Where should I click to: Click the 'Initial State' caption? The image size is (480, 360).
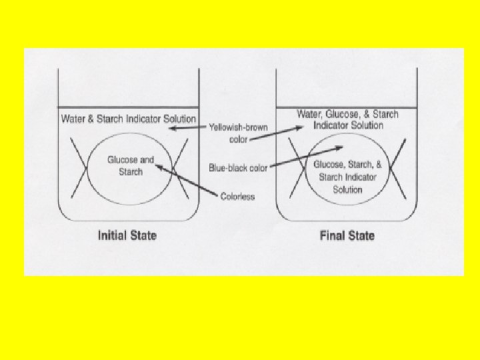[127, 235]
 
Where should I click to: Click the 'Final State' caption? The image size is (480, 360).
[347, 235]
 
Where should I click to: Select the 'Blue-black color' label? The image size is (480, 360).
[238, 168]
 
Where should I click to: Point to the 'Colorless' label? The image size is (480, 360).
[237, 197]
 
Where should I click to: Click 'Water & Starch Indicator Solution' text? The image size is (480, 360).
[129, 119]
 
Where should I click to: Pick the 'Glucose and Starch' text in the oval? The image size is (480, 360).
[131, 166]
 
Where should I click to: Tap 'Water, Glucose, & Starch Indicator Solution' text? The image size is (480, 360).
[347, 119]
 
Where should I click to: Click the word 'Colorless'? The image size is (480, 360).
[237, 197]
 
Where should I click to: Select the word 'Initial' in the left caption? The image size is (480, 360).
[113, 235]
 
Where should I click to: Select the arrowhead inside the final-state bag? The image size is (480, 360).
[341, 148]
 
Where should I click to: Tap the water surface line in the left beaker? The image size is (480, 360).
[128, 108]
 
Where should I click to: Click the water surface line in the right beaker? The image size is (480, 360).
[347, 107]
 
